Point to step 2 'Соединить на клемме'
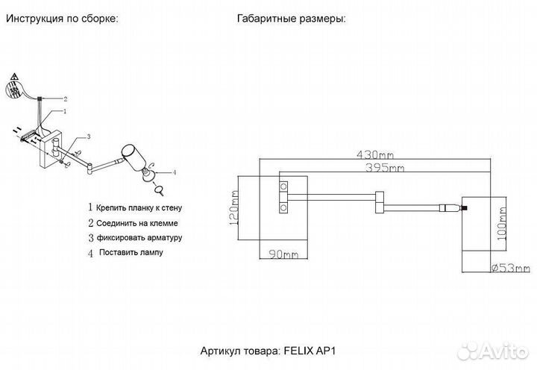139,223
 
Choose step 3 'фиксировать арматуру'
139,238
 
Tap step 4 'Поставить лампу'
130,253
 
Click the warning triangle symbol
13,79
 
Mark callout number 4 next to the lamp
174,172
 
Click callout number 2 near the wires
65,98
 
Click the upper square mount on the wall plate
283,185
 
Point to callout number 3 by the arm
88,137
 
